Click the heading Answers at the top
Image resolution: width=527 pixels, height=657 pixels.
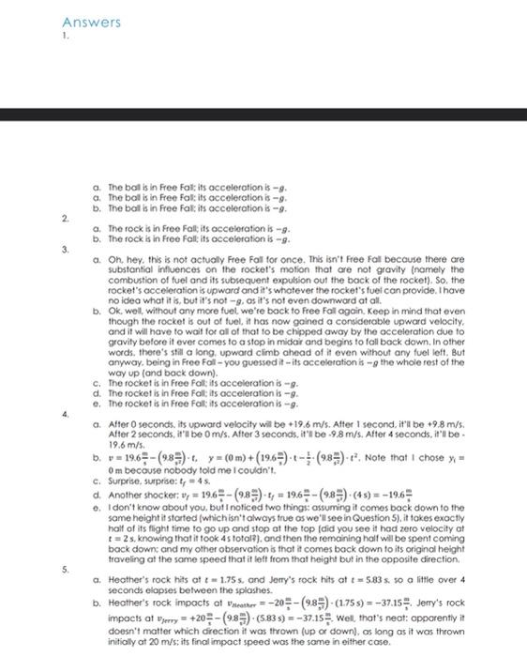pyautogui.click(x=92, y=21)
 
